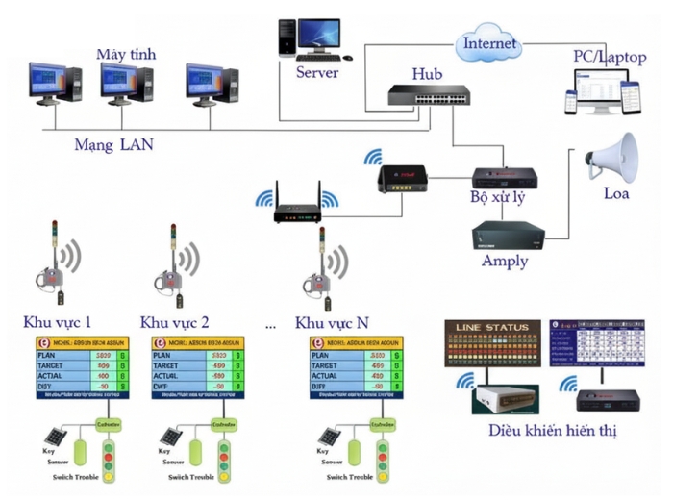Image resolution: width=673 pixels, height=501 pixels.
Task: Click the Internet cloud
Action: [x=489, y=43]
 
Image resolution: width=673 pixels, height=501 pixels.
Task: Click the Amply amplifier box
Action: [x=510, y=234]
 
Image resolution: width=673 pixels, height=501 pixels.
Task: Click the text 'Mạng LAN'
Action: [x=113, y=145]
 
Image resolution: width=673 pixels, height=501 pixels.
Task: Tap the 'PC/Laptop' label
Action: [x=610, y=58]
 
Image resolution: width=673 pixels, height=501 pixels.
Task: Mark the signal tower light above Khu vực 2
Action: [x=170, y=263]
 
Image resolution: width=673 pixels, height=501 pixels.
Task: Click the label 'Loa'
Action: [x=616, y=194]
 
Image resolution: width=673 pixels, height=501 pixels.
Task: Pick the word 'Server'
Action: [x=318, y=72]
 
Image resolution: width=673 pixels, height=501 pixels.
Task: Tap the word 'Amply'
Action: [x=505, y=261]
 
